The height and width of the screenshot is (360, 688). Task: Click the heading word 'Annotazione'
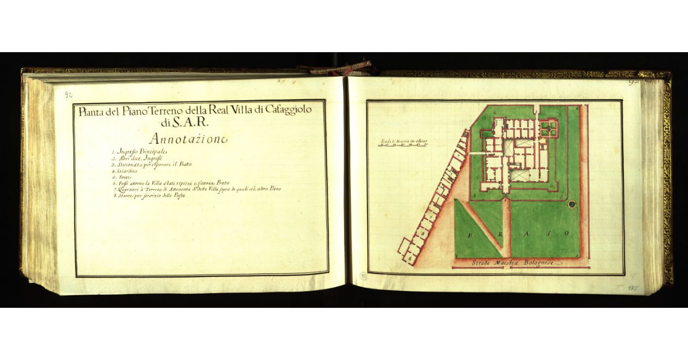[x=187, y=138]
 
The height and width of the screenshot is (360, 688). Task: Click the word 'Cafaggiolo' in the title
[x=282, y=111]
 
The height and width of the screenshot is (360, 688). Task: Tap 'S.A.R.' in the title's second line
[x=193, y=122]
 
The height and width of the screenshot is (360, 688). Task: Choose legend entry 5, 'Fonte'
[x=122, y=177]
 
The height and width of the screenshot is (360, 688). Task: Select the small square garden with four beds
[x=548, y=127]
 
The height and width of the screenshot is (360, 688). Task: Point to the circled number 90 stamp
[x=362, y=276]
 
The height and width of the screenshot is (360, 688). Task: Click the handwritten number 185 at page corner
[x=633, y=288]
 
